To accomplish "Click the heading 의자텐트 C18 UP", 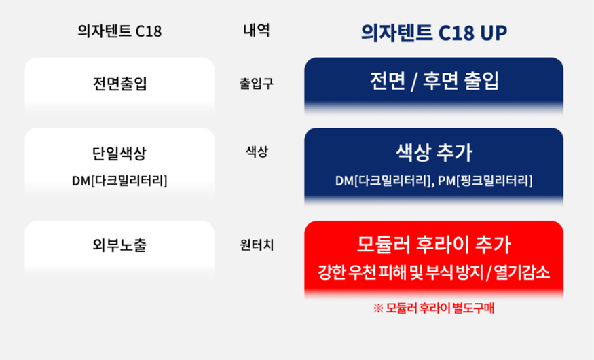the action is click(x=434, y=33).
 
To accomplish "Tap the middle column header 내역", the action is click(x=257, y=31).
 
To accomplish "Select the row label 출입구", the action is click(x=257, y=84).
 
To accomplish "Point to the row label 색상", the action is click(x=257, y=151).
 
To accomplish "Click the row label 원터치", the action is click(x=257, y=245).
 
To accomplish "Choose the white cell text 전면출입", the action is click(x=119, y=84).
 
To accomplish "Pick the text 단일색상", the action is click(x=119, y=154).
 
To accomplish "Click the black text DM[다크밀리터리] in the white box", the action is click(x=119, y=181).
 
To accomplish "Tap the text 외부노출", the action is click(x=119, y=245).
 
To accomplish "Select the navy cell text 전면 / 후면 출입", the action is click(x=434, y=81).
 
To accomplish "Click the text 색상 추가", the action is click(x=434, y=152).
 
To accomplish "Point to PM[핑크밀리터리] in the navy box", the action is click(x=485, y=181).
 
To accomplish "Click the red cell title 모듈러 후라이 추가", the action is click(x=434, y=245).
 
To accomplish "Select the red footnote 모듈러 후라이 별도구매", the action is click(x=440, y=308).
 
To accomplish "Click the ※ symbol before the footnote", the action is click(x=378, y=308).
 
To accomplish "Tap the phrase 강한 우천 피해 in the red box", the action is click(x=363, y=272).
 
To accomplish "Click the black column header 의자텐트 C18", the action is click(x=119, y=31).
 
